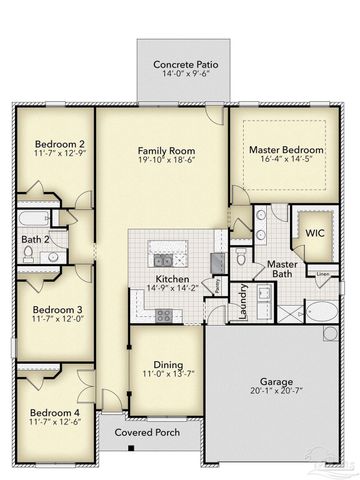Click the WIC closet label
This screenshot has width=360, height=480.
[x=315, y=232]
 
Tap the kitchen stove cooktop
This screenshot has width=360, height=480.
[x=164, y=316]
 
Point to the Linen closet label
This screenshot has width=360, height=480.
[x=322, y=273]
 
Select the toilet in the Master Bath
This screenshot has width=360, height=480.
[x=241, y=258]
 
